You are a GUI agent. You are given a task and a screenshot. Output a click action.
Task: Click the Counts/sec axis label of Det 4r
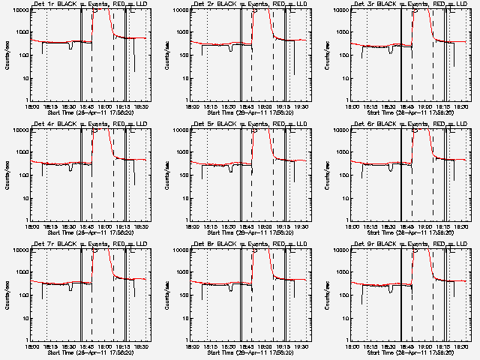(7, 173)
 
